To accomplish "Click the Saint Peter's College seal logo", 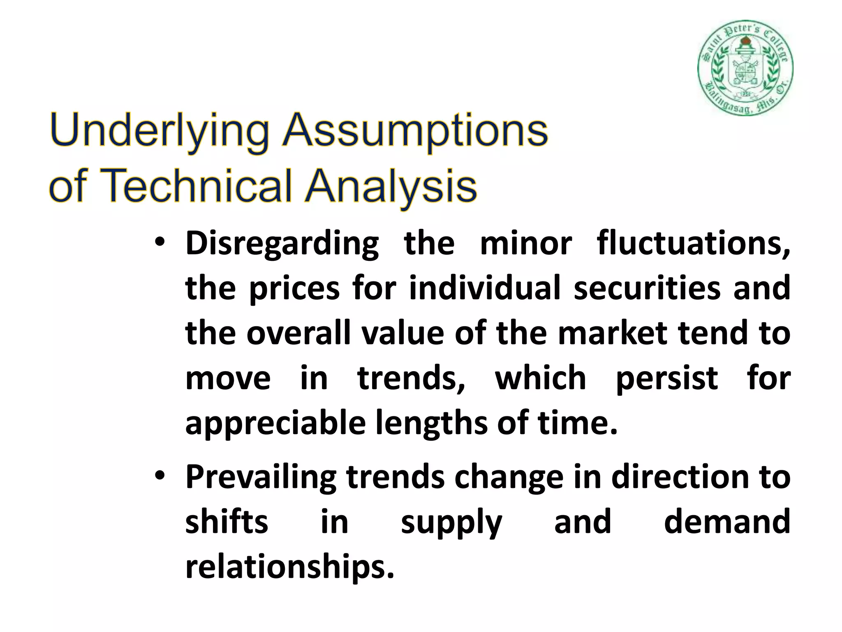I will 745,68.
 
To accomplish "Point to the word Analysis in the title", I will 391,187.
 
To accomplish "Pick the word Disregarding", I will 282,244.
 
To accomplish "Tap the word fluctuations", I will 693,243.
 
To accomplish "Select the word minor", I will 526,243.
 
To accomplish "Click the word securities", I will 647,288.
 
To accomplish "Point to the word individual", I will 485,288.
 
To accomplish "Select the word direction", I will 680,476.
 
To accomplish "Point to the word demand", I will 727,521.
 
